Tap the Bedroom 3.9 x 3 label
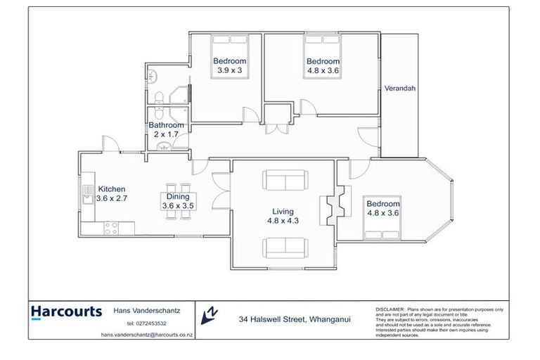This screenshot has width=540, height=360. (x=230, y=65)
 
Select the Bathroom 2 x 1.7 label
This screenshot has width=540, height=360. (x=166, y=129)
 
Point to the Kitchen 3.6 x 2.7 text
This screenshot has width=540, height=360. (x=112, y=193)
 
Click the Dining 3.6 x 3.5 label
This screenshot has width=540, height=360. (x=178, y=201)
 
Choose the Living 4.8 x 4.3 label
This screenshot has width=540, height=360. (x=284, y=215)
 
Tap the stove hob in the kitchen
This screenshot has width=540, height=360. (x=111, y=228)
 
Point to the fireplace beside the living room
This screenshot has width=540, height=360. (x=334, y=206)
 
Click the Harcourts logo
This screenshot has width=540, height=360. (x=66, y=312)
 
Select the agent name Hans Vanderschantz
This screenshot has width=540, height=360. (x=146, y=311)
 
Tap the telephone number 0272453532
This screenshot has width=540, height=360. (x=146, y=323)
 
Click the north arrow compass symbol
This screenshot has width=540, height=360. (x=210, y=316)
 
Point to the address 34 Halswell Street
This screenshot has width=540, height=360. (x=293, y=319)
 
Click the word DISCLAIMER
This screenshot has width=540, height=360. (x=390, y=309)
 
